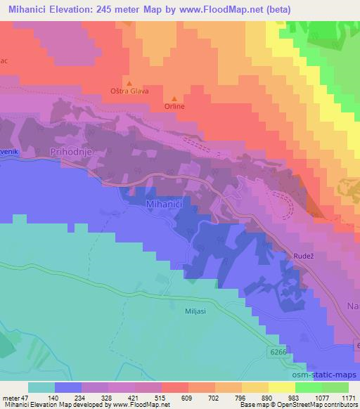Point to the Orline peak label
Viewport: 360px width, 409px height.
pos(174,107)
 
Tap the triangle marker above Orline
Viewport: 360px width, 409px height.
pos(174,98)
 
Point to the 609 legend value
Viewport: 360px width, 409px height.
pos(186,397)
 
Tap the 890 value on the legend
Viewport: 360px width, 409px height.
pos(266,397)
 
